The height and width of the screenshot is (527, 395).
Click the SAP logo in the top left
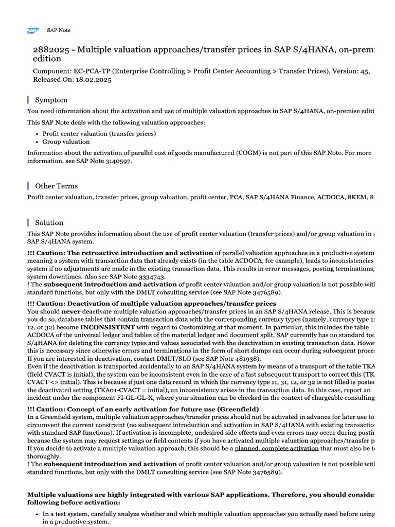pyautogui.click(x=33, y=30)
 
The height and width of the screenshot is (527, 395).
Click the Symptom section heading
pyautogui.click(x=51, y=100)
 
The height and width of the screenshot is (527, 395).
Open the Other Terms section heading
pyautogui.click(x=56, y=186)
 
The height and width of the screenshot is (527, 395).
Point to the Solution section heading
pyautogui.click(x=49, y=223)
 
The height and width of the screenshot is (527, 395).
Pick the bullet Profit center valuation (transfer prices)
pyautogui.click(x=99, y=133)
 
